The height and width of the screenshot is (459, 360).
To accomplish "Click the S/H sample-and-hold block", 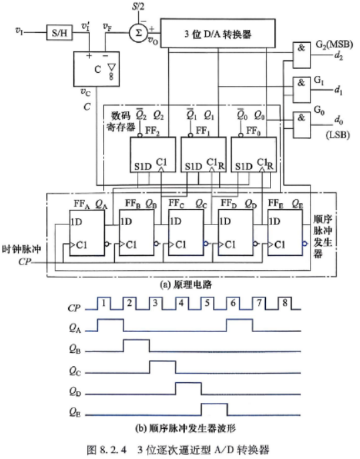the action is (59, 33).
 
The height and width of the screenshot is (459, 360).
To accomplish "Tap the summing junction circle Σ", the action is (138, 33).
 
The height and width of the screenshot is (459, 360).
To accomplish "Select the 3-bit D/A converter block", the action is (218, 33).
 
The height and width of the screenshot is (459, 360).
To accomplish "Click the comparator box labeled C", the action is (96, 69).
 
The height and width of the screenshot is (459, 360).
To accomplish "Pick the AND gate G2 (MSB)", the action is (301, 55).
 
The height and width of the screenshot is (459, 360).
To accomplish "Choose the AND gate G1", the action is (301, 90).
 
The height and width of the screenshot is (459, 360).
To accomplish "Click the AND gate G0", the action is (301, 125).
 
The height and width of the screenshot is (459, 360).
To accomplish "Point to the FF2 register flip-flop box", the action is (153, 154).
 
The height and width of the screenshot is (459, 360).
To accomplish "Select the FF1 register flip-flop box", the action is (204, 154).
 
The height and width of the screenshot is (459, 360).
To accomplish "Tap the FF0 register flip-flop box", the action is (254, 154).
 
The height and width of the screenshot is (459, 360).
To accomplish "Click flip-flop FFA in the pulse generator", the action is (87, 233).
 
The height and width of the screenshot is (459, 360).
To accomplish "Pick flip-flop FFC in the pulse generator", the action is (186, 233).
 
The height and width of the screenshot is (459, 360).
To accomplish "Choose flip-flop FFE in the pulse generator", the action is (285, 233).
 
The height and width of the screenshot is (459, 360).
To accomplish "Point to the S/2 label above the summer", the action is (138, 7).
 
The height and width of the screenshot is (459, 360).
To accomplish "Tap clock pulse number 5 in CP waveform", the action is (207, 303).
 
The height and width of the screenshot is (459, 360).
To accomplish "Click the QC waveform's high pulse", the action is (163, 367).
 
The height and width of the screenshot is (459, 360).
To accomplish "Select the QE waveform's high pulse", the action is (214, 410).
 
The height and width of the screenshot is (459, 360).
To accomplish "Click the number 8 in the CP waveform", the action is (285, 303).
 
